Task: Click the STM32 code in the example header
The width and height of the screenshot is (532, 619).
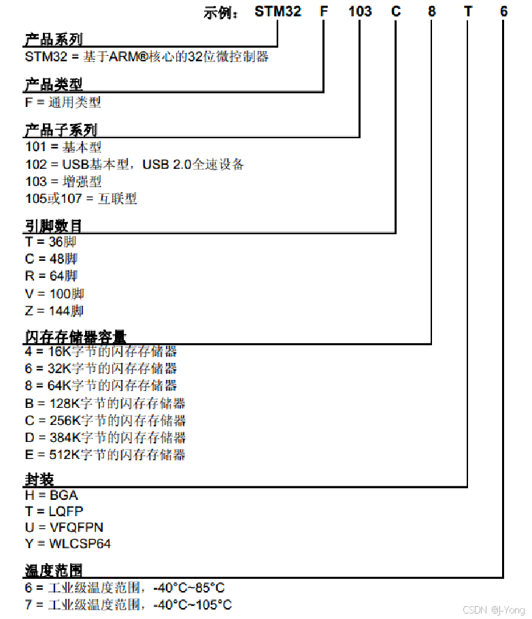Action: click(x=278, y=12)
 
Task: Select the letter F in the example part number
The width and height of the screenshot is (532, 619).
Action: click(x=323, y=12)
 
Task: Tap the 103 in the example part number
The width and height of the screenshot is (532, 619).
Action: click(x=360, y=12)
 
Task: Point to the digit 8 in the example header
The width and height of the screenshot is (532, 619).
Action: click(x=431, y=12)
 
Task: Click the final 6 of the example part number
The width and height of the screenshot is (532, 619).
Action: click(x=503, y=12)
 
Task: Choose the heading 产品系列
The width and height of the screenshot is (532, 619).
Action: click(x=53, y=40)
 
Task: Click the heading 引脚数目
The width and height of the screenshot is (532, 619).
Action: click(x=53, y=225)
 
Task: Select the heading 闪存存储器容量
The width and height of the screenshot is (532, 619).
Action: click(x=75, y=336)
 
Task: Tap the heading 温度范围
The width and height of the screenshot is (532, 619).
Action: click(x=53, y=569)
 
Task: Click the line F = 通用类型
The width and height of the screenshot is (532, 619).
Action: click(x=63, y=102)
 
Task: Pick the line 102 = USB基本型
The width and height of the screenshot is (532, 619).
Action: click(x=134, y=165)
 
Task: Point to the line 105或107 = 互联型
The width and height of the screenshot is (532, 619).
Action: click(x=81, y=199)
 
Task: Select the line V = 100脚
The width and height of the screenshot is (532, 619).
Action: click(x=54, y=294)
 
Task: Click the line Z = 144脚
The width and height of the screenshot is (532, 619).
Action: click(x=54, y=311)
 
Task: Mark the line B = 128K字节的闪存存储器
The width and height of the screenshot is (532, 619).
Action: click(x=105, y=404)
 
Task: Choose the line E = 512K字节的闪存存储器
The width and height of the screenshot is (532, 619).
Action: click(x=105, y=455)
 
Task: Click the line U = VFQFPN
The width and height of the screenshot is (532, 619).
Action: click(x=64, y=528)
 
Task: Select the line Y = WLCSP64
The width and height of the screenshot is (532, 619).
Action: click(x=67, y=544)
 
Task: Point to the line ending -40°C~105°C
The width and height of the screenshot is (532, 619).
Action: click(x=128, y=605)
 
